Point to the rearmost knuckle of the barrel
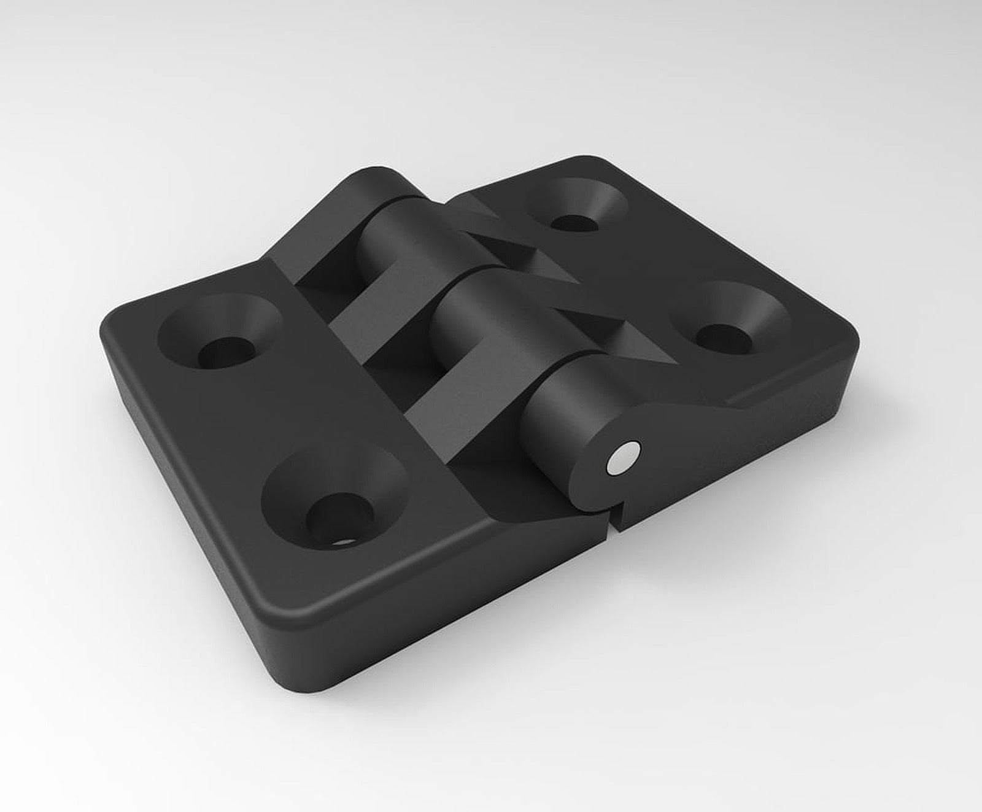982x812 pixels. click(x=368, y=184)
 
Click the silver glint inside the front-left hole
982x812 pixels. click(x=347, y=542)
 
